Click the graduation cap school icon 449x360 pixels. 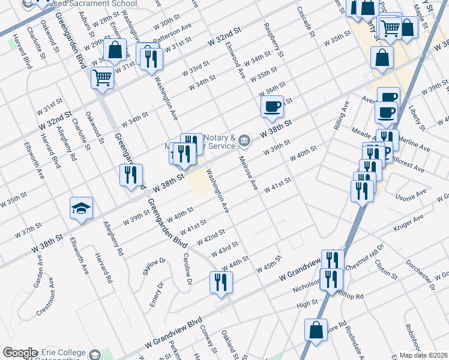click(82, 208)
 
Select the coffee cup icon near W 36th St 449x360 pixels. click(272, 107)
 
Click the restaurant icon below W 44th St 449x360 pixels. click(220, 282)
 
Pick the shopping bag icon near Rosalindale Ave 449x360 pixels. click(316, 330)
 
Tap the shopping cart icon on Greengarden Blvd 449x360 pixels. click(102, 77)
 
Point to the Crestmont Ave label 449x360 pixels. click(46, 304)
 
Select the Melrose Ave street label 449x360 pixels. click(249, 173)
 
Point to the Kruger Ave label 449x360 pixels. click(409, 223)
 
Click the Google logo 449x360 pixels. click(20, 353)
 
